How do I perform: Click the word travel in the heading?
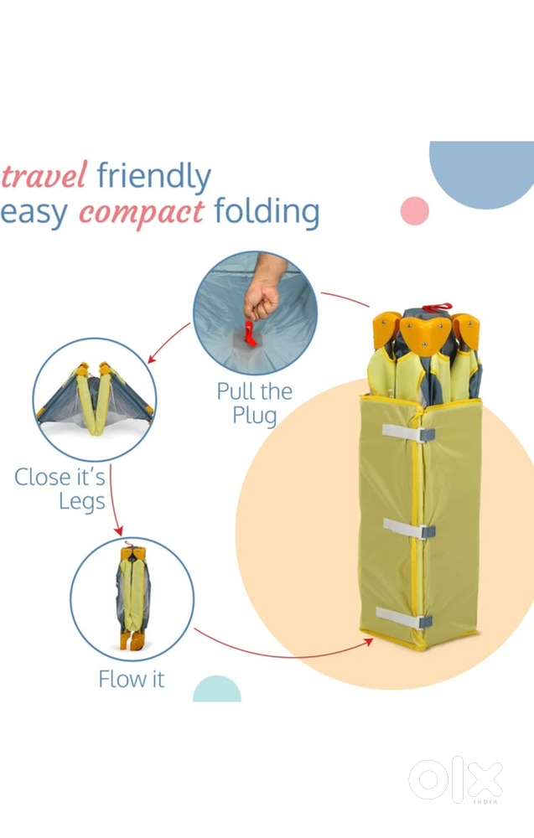44,175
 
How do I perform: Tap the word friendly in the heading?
154,177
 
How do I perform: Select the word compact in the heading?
142,213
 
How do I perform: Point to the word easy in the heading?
34,213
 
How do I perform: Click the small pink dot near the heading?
415,210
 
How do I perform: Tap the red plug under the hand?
250,333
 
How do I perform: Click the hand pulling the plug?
264,288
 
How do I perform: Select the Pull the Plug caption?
255,404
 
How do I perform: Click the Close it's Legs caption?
60,489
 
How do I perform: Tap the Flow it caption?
132,680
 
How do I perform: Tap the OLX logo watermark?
456,779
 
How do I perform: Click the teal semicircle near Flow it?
217,691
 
